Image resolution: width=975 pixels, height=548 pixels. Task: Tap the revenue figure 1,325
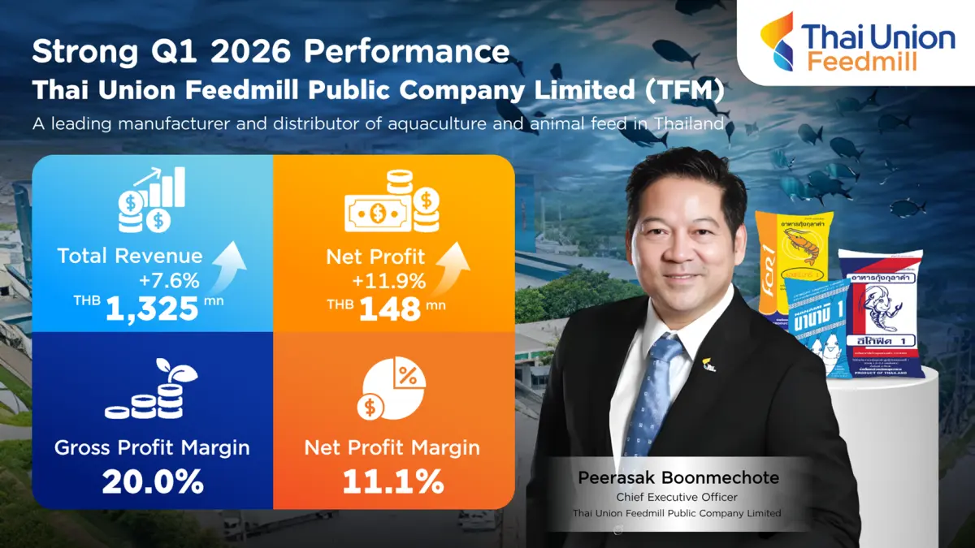coord(151,309)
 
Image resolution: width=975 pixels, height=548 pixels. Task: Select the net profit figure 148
coord(391,309)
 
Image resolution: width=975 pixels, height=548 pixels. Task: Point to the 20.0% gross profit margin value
coord(152,481)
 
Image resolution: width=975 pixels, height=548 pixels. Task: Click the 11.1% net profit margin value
coord(392,481)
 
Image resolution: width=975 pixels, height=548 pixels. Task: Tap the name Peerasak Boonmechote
coord(678,477)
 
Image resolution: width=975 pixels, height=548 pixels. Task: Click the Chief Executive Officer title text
coord(678,497)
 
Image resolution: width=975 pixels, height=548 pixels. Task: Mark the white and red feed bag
coord(882,313)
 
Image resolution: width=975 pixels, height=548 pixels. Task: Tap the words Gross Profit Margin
coord(152,447)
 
